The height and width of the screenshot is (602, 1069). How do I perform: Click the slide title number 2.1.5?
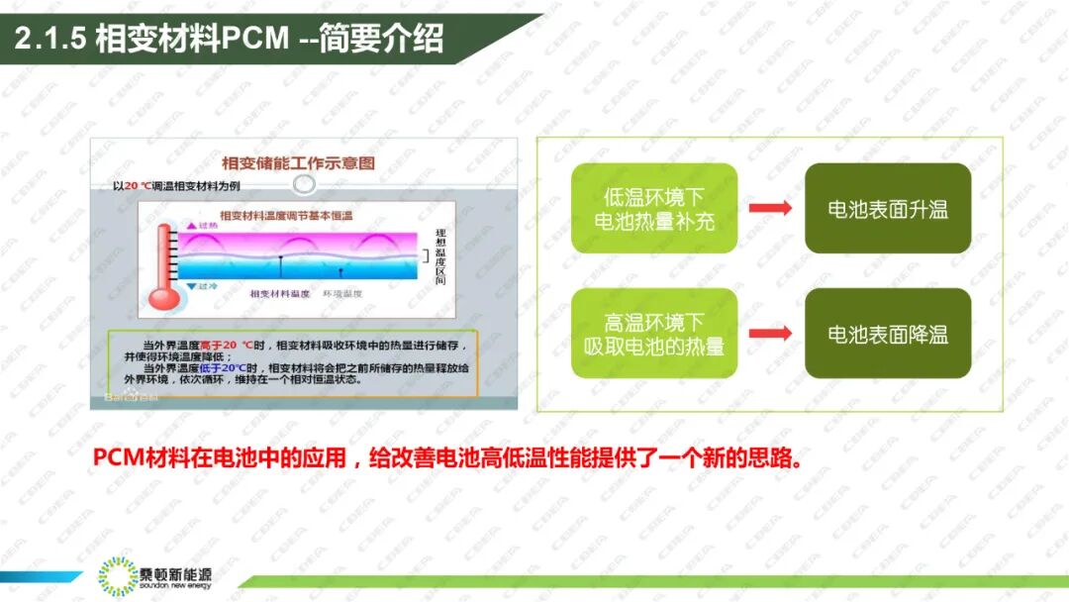coord(50,39)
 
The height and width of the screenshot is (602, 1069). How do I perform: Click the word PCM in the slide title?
coord(255,39)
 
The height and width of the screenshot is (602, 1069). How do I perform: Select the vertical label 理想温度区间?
coord(440,257)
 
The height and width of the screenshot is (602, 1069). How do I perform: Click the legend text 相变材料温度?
coord(280,294)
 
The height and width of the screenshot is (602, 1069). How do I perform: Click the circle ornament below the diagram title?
coord(305,184)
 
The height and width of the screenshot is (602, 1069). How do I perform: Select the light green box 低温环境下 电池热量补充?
coord(654,208)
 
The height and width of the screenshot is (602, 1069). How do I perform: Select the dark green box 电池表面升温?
coord(888,208)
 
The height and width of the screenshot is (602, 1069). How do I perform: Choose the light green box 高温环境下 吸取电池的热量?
coord(654,334)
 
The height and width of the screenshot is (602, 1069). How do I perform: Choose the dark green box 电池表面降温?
coord(888,334)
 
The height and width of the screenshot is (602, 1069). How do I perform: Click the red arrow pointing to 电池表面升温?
coord(770,208)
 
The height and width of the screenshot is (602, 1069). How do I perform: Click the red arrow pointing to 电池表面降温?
coord(770,334)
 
